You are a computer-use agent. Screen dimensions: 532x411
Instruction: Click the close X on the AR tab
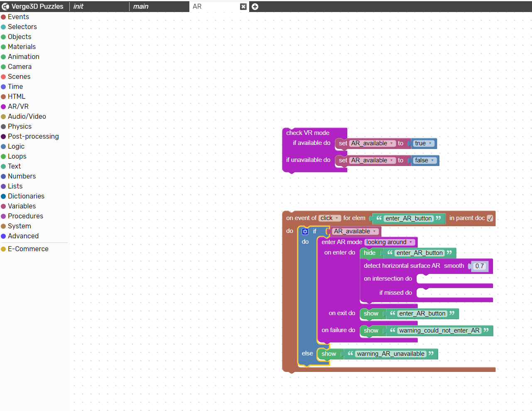click(x=243, y=7)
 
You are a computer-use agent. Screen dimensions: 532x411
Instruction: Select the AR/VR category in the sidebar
click(x=18, y=106)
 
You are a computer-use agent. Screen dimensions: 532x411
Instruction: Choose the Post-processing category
click(x=33, y=136)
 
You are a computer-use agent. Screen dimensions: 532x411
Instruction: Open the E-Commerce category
click(x=28, y=249)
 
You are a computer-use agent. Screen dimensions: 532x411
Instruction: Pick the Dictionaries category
click(x=26, y=196)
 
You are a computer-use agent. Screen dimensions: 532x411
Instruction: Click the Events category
click(x=18, y=17)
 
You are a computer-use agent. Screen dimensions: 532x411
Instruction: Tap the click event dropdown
click(x=329, y=218)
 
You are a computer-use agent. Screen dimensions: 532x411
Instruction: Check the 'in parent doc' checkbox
click(x=490, y=218)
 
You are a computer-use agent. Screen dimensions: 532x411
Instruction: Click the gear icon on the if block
click(x=305, y=231)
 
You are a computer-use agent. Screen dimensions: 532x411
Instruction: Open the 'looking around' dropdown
click(x=389, y=242)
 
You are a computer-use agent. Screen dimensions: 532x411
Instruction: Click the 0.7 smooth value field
click(x=479, y=266)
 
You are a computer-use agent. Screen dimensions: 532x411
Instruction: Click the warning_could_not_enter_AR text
click(x=439, y=330)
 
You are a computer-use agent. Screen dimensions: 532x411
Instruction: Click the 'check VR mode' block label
click(x=308, y=133)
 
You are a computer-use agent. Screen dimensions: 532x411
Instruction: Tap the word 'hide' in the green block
click(x=370, y=253)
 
